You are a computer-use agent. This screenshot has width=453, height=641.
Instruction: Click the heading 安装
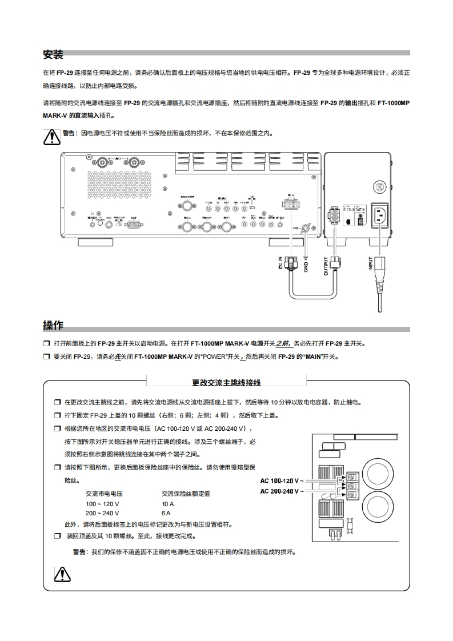[53, 55]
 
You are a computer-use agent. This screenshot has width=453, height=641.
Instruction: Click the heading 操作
[53, 326]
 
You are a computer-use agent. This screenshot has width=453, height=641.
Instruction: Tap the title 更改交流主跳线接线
[226, 382]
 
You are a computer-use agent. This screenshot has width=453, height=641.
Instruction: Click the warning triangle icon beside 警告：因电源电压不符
[52, 137]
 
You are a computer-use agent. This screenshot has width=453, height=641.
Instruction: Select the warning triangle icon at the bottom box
[62, 574]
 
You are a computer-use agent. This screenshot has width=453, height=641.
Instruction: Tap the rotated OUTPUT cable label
[326, 266]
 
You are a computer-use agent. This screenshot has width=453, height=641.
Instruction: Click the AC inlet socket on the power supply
[380, 216]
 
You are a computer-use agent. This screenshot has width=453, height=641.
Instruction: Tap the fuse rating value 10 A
[167, 504]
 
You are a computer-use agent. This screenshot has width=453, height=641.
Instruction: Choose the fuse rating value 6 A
[166, 513]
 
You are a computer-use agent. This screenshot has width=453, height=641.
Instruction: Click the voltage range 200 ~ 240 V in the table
[102, 513]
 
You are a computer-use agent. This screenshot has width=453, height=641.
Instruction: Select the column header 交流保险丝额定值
[186, 494]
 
